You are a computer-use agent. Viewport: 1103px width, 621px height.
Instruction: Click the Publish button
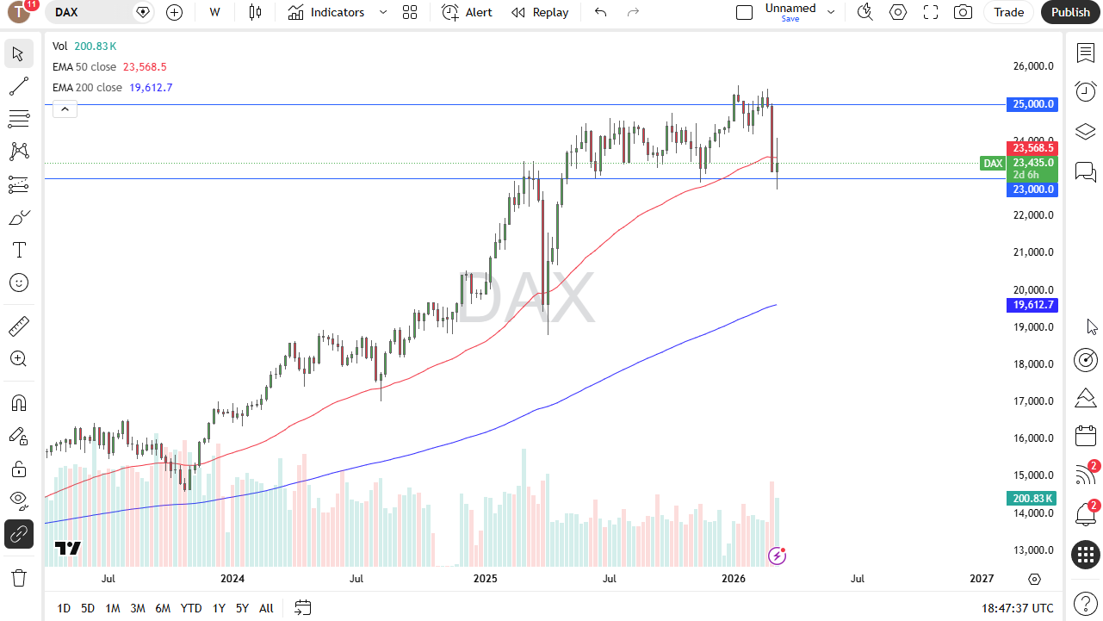point(1070,12)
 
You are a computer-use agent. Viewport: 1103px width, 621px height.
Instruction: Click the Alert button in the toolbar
point(468,12)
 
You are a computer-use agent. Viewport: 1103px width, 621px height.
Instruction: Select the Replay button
point(540,12)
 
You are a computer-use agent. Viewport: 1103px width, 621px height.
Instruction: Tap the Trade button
point(1008,12)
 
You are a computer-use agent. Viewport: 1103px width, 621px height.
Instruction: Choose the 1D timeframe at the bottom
point(64,608)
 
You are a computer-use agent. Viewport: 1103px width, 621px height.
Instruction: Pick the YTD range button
point(191,608)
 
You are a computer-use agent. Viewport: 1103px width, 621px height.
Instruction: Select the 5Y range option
point(242,608)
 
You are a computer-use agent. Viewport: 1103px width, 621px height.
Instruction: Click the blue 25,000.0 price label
point(1032,104)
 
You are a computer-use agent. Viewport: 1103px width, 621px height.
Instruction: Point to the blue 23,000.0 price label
point(1032,189)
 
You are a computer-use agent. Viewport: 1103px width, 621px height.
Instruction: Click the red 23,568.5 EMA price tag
point(1032,148)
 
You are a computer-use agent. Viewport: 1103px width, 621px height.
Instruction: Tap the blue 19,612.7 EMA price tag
point(1032,305)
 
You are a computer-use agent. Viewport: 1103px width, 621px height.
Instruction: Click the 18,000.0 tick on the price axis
point(1032,363)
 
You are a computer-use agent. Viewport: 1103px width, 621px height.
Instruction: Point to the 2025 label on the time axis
point(484,579)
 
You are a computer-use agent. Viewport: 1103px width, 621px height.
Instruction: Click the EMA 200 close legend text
point(87,88)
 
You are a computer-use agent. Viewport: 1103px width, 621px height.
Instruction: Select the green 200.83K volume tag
point(1032,499)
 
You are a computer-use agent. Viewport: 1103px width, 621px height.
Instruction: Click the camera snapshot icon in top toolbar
point(963,12)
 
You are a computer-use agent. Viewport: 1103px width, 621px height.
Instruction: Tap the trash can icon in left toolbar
point(18,577)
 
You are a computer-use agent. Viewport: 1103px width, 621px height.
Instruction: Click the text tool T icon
point(18,251)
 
